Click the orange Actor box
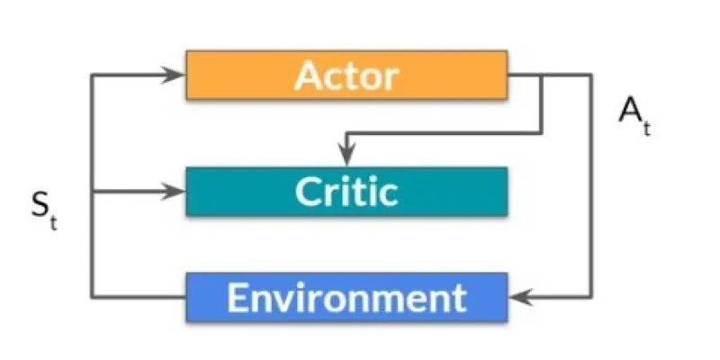pyautogui.click(x=346, y=75)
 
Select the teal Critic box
pyautogui.click(x=346, y=192)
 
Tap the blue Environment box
pyautogui.click(x=346, y=297)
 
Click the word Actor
pyautogui.click(x=346, y=76)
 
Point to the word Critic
pyautogui.click(x=346, y=192)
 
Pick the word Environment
pyautogui.click(x=346, y=298)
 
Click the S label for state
pyautogui.click(x=40, y=205)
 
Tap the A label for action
pyautogui.click(x=630, y=110)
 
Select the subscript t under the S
pyautogui.click(x=54, y=222)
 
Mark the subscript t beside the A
pyautogui.click(x=646, y=128)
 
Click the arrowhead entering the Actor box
pyautogui.click(x=175, y=75)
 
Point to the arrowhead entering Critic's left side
pyautogui.click(x=175, y=192)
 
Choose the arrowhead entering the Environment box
pyautogui.click(x=521, y=297)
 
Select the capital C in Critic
pyautogui.click(x=307, y=192)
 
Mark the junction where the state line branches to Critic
pyautogui.click(x=93, y=192)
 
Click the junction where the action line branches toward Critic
pyautogui.click(x=542, y=75)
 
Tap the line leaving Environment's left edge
pyautogui.click(x=139, y=297)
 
